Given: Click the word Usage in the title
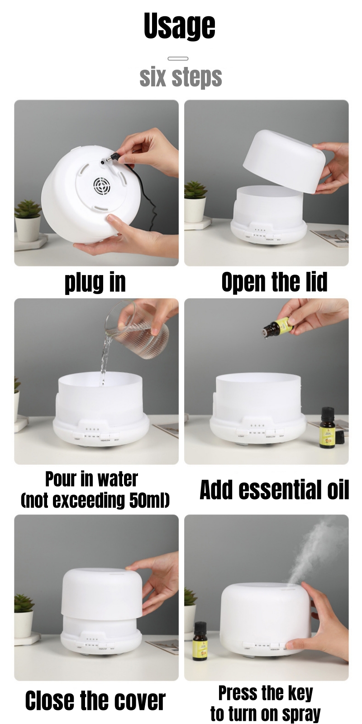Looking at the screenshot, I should (180, 26).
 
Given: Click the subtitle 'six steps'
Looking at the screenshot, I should (181, 77).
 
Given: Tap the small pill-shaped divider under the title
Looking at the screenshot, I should (178, 58).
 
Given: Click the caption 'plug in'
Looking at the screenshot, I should (95, 282).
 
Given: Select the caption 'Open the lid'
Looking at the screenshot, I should (274, 282).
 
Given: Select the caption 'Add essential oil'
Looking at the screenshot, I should (274, 490).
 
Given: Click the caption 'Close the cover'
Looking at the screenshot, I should (95, 700).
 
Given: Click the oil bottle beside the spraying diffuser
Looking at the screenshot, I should (200, 637).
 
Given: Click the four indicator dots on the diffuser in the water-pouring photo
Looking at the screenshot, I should (92, 429).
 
